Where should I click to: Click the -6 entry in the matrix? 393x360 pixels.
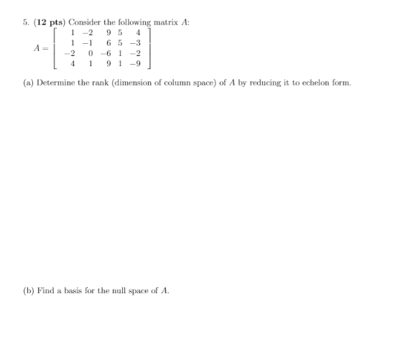[106, 53]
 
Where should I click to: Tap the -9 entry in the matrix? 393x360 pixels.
[133, 64]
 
